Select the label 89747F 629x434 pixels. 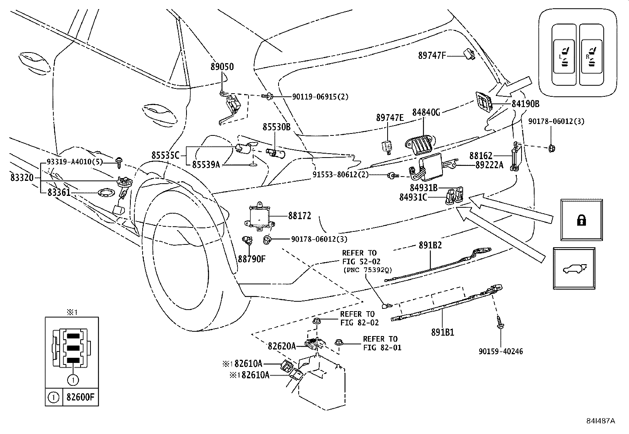coord(432,56)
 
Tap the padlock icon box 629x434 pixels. coord(582,220)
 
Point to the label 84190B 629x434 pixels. coord(525,104)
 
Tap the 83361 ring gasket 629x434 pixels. coord(105,193)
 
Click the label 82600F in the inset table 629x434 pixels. coord(81,397)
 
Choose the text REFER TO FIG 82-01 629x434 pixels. coord(380,343)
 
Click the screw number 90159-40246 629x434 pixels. coord(501,351)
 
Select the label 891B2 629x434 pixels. coord(430,245)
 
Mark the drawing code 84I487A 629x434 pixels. coord(600,421)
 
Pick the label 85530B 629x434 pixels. coord(276,127)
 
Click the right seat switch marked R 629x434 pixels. coord(591,56)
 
